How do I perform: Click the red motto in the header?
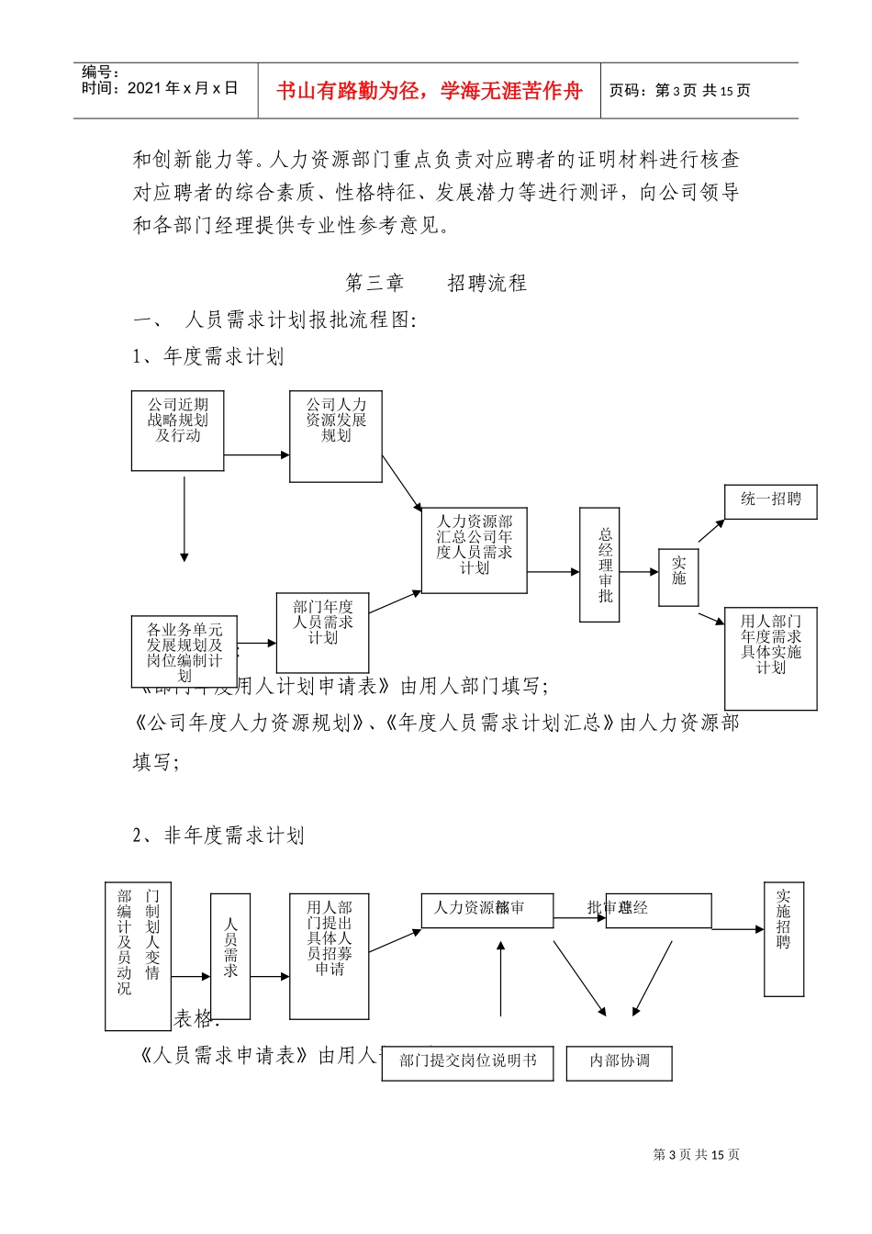[429, 91]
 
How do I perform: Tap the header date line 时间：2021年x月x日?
[160, 88]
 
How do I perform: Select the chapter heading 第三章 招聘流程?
[436, 283]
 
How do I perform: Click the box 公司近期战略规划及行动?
[178, 431]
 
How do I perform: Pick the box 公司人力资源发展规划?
[336, 436]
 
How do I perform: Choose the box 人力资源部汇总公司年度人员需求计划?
[474, 550]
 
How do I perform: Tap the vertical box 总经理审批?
[599, 565]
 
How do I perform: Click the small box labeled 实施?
[678, 578]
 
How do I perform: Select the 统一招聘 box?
[770, 501]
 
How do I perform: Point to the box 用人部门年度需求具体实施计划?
[770, 657]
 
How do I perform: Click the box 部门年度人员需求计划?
[322, 632]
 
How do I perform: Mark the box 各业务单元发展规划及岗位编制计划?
[184, 651]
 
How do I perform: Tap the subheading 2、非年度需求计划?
[218, 836]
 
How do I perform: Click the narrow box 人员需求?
[230, 956]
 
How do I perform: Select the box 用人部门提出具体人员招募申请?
[329, 956]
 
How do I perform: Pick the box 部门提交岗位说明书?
[467, 1062]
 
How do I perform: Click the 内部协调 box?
[620, 1062]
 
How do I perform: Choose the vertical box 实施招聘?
[784, 939]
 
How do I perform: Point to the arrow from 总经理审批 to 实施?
[639, 572]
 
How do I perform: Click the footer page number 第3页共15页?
[696, 1155]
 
